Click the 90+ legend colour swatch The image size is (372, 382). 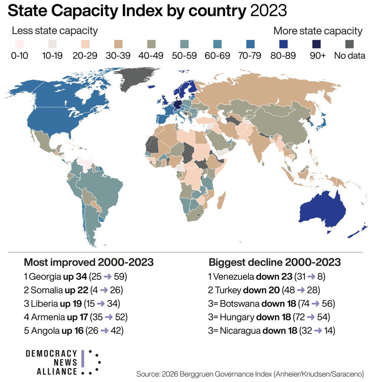click(316, 44)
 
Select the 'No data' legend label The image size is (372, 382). click(349, 56)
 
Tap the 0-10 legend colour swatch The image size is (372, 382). click(19, 44)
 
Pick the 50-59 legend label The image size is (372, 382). click(184, 56)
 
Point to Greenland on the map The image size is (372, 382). click(136, 79)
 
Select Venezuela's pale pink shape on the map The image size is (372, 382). click(84, 165)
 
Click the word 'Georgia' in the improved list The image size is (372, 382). click(45, 277)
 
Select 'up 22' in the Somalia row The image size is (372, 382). click(76, 290)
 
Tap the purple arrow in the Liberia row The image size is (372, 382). click(101, 303)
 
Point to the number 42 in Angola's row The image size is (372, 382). click(116, 330)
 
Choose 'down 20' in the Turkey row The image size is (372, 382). click(261, 290)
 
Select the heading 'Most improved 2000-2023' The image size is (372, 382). click(89, 262)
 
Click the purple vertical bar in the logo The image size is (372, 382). click(83, 358)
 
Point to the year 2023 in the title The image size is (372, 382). click(269, 11)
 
